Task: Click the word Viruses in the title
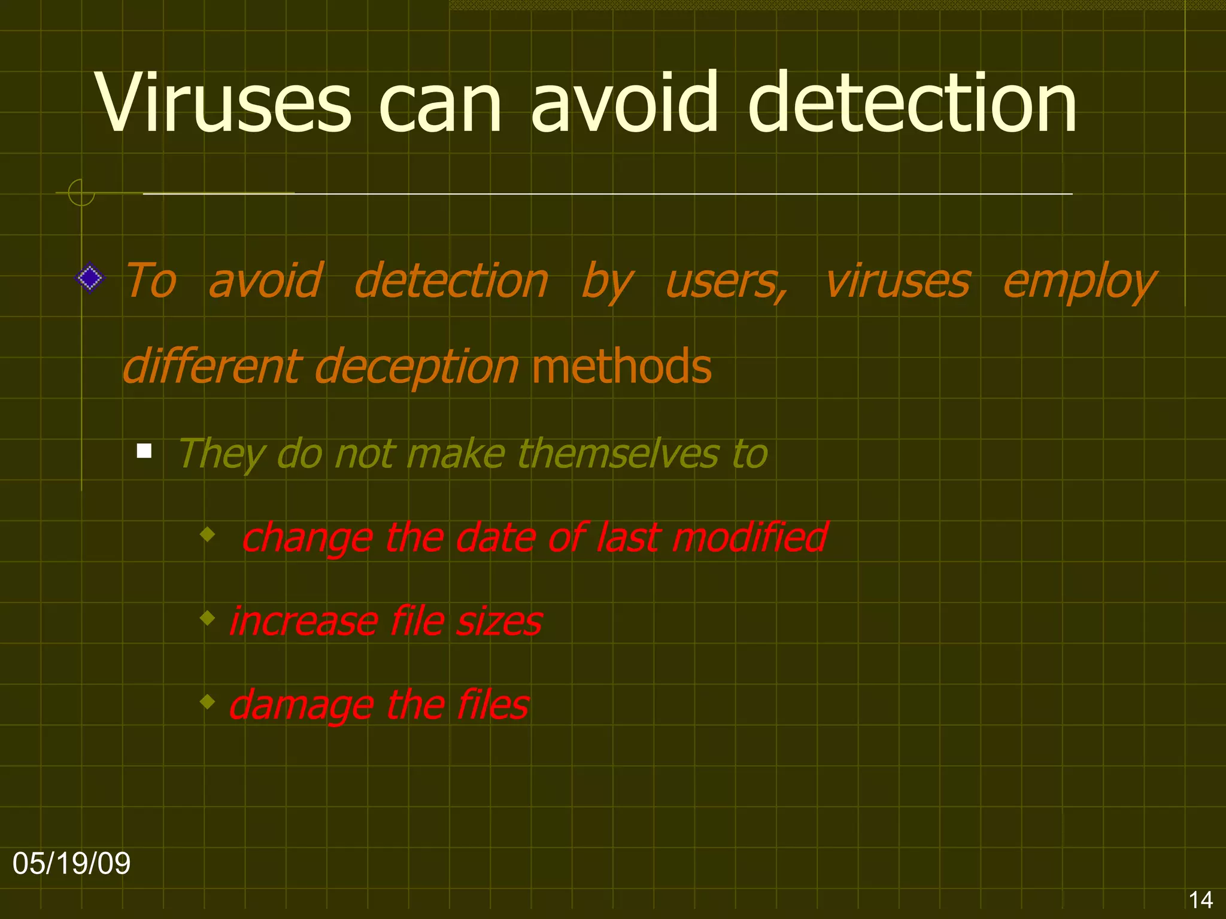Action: click(x=223, y=103)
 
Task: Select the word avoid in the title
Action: click(x=624, y=103)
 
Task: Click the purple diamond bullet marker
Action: click(x=90, y=278)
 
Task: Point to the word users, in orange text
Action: click(x=726, y=281)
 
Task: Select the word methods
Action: click(x=621, y=366)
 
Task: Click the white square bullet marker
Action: click(x=144, y=451)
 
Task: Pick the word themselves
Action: click(x=618, y=454)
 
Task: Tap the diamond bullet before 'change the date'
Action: click(x=208, y=534)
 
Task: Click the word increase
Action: click(x=303, y=621)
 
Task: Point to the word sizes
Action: click(x=499, y=621)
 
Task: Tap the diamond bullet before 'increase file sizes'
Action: click(x=208, y=617)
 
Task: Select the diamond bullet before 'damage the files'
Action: click(x=208, y=701)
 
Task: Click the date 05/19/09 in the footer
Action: click(x=71, y=863)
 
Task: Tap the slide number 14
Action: click(x=1200, y=900)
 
